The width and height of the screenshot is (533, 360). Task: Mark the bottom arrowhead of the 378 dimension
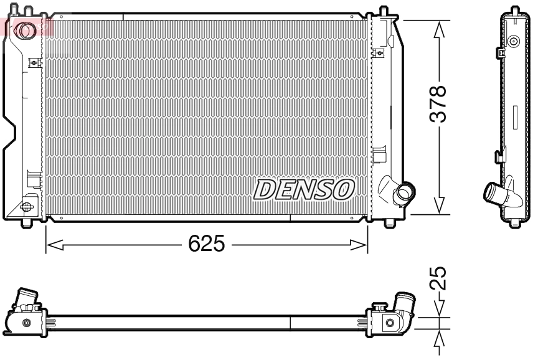[440, 206]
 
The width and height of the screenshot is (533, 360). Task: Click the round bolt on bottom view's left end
[26, 323]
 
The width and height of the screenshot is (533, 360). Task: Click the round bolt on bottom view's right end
[390, 323]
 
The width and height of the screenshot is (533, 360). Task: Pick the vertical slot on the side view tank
[515, 116]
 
